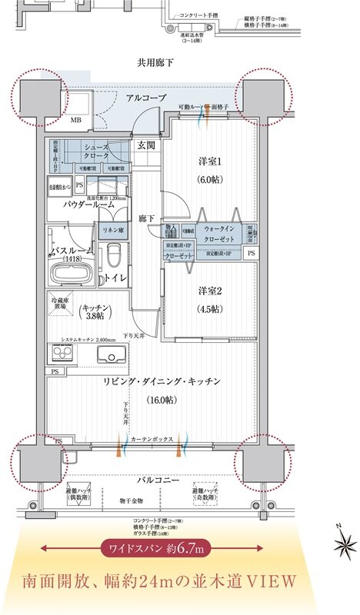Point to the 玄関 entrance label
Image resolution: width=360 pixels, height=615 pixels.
click(147, 145)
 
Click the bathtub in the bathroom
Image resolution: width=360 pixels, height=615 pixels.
click(69, 271)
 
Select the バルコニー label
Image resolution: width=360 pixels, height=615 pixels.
click(158, 480)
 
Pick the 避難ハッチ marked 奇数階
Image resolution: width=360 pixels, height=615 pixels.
click(207, 494)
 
